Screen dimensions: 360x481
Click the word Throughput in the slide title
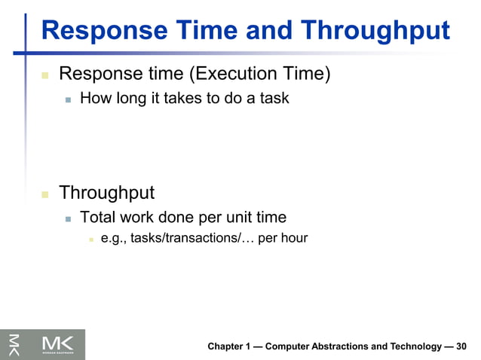coord(375,31)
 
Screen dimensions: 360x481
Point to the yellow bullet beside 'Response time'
coord(44,75)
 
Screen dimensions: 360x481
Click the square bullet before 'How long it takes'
coord(68,99)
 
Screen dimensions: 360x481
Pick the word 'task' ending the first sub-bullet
coord(272,98)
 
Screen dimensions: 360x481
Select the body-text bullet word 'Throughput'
coord(106,193)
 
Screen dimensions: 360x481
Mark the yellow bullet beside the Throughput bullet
coord(44,194)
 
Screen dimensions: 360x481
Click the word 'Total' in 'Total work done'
coord(98,217)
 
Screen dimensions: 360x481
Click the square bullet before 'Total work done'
coord(68,218)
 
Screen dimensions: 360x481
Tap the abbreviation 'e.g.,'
coord(114,239)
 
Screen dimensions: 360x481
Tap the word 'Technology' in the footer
coord(414,346)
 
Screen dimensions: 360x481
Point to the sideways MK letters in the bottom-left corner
coord(13,344)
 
